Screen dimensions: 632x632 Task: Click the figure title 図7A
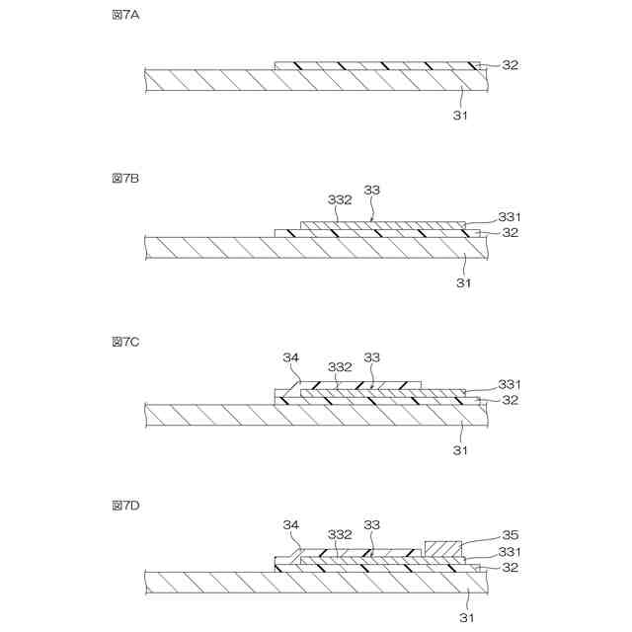(x=125, y=16)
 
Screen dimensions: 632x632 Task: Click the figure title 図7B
(x=125, y=179)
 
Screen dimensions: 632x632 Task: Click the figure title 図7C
(x=125, y=342)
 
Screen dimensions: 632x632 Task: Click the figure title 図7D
(x=125, y=505)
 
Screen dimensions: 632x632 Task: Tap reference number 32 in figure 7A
(x=511, y=65)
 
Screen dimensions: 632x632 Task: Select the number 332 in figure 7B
(x=340, y=199)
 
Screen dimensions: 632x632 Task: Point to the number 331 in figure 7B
(x=511, y=217)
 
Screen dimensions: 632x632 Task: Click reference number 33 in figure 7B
(x=372, y=190)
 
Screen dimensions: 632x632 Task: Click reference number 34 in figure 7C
(x=290, y=356)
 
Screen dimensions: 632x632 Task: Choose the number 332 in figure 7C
(x=340, y=366)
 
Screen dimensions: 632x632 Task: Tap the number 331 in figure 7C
(x=511, y=384)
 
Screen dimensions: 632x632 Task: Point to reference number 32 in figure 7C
(x=511, y=400)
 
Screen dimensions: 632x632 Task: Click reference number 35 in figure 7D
(x=511, y=535)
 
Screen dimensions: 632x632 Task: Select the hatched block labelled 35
(x=441, y=548)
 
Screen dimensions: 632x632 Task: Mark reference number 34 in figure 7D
(x=290, y=524)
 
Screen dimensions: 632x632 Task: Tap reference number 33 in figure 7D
(x=372, y=524)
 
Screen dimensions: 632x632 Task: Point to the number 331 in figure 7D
(x=511, y=551)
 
